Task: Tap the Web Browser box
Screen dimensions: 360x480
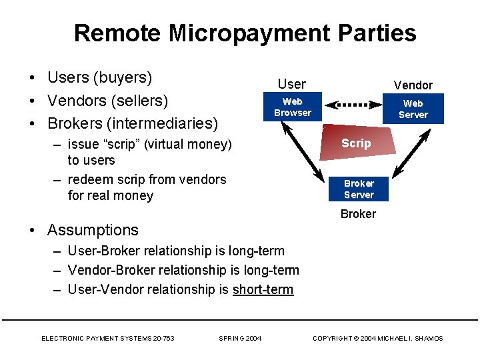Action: click(x=292, y=107)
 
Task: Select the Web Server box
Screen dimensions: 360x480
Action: click(x=413, y=109)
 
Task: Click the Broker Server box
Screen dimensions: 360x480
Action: click(x=359, y=189)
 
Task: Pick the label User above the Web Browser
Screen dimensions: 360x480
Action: click(x=291, y=84)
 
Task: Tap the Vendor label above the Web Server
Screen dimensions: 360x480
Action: click(x=413, y=85)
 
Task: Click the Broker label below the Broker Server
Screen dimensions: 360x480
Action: click(x=358, y=214)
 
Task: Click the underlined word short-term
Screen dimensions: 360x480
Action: click(x=263, y=289)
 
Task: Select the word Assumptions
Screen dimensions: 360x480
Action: click(x=93, y=230)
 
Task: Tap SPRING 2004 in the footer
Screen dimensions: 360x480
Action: click(x=240, y=339)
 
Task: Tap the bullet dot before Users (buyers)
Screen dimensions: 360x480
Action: click(x=32, y=79)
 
